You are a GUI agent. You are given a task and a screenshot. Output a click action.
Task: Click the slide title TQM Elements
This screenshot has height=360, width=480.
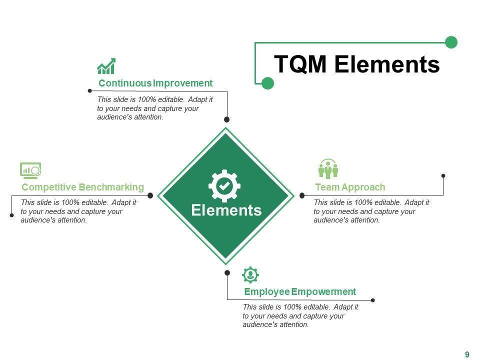[x=357, y=64]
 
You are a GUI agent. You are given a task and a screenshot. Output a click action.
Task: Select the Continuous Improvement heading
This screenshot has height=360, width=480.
[x=155, y=83]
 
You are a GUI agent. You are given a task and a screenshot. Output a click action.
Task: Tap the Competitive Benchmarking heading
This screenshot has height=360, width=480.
[x=83, y=187]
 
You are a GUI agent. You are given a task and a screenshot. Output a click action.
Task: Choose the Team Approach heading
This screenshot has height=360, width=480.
[x=350, y=187]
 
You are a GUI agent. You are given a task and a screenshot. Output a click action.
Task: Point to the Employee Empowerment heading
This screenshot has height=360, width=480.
[x=300, y=291]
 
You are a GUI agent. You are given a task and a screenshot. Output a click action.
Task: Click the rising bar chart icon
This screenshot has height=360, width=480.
[x=106, y=66]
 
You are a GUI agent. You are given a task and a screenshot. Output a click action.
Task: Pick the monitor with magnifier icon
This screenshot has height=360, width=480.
[x=30, y=170]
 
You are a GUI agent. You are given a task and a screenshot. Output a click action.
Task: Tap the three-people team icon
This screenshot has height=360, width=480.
[x=328, y=169]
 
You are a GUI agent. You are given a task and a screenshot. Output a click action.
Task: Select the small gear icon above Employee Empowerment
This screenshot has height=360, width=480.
[x=250, y=274]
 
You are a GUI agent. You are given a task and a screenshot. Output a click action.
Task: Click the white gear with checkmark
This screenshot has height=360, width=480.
[x=224, y=185]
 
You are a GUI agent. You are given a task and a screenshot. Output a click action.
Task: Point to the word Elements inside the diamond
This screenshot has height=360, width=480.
[x=226, y=210]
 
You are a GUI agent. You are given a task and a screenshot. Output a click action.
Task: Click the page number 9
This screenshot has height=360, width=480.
[x=467, y=354]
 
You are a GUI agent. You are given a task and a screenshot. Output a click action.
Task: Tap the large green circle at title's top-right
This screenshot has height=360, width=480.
[x=451, y=42]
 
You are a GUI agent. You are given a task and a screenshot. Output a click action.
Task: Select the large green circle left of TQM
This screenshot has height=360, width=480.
[x=268, y=83]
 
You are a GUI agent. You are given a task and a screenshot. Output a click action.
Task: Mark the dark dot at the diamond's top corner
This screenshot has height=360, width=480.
[x=226, y=119]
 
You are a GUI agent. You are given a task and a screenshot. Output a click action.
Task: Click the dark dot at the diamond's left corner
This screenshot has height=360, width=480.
[x=150, y=195]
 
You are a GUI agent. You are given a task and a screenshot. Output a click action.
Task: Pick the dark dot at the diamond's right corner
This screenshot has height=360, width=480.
[x=302, y=195]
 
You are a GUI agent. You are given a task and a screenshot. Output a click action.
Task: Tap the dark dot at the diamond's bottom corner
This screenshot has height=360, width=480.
[x=227, y=273]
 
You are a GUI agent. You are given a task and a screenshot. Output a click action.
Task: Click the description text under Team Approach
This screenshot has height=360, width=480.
[x=371, y=211]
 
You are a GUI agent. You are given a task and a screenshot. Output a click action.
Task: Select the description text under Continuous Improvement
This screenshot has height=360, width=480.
[x=155, y=108]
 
